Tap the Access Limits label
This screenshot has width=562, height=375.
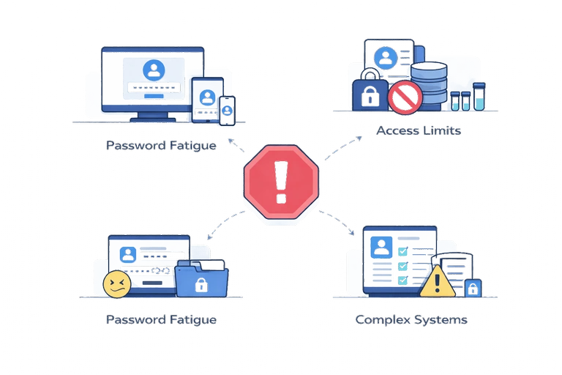coord(418,131)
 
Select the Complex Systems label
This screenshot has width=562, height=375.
coord(411,319)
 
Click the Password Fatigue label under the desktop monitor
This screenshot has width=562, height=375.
coord(161,145)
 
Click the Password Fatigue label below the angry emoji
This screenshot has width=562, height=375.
coord(161,319)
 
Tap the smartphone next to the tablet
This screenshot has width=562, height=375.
coord(228,109)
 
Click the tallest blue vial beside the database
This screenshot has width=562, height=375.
coord(479,96)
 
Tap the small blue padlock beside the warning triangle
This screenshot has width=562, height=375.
coord(472,287)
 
